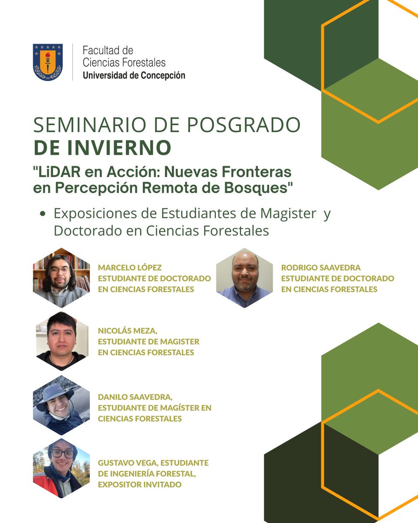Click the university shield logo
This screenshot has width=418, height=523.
(x=48, y=62)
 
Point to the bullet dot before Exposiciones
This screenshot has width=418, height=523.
(x=43, y=214)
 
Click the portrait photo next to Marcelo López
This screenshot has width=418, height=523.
(x=61, y=278)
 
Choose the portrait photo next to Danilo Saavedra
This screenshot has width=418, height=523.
(x=61, y=405)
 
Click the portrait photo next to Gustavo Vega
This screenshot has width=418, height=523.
(x=61, y=469)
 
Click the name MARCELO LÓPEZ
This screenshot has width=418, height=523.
(x=130, y=267)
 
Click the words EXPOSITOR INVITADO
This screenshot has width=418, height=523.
(x=140, y=484)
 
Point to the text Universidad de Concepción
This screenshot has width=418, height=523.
(x=134, y=75)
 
